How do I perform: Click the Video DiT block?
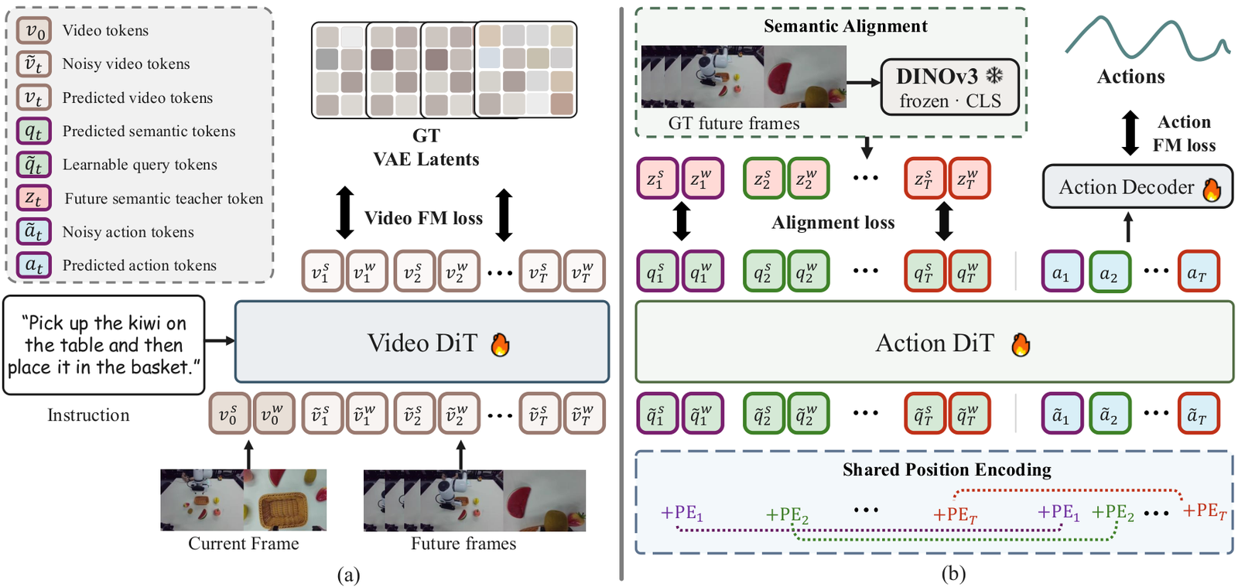422,342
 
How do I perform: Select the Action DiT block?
934,342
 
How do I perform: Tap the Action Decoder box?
1137,186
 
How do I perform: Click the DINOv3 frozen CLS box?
949,87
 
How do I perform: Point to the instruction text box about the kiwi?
104,345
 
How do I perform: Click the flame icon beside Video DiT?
500,345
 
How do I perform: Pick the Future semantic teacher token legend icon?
34,198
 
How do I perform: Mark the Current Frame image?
243,500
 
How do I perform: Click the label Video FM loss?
423,218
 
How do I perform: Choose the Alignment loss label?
833,223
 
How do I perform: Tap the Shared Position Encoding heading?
947,469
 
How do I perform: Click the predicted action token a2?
1110,271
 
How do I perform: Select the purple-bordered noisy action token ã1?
1062,414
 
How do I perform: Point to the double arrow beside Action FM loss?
1130,132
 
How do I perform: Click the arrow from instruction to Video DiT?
220,341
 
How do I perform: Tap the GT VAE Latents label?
426,148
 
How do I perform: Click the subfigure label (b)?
953,575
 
